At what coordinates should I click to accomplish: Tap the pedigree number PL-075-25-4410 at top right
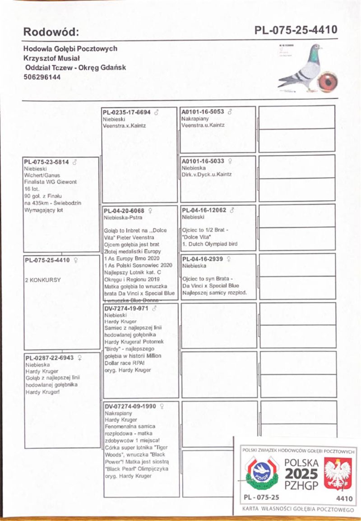click(296, 30)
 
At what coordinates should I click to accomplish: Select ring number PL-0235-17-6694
click(127, 112)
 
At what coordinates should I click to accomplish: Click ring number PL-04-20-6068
click(124, 211)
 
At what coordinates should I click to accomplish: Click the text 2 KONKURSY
click(43, 280)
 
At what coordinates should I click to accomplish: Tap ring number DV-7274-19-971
click(126, 309)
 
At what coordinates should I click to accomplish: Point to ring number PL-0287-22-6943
click(50, 357)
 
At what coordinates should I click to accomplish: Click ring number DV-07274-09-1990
click(130, 406)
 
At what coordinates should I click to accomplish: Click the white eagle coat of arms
click(338, 474)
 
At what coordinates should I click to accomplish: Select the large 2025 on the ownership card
click(301, 475)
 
